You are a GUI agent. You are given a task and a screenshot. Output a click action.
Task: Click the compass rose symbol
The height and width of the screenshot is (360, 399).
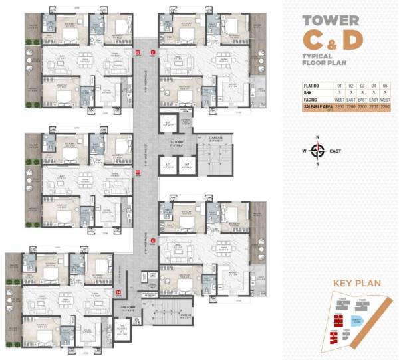pos(317,150)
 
